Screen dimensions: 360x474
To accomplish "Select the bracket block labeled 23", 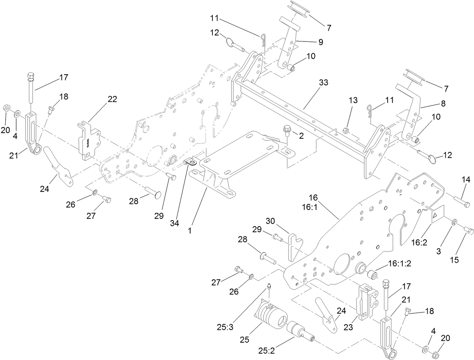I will click(x=366, y=303).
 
